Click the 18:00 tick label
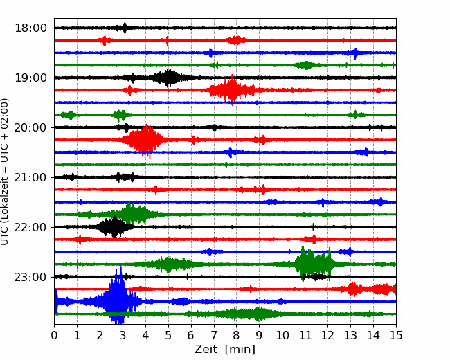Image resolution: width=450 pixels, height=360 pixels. pos(30,28)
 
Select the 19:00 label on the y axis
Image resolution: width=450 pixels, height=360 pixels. pos(30,78)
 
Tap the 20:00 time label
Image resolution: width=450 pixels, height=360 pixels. pos(30,127)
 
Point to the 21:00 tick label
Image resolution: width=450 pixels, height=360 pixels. pos(30,177)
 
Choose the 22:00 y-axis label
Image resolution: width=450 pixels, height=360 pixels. pos(30,227)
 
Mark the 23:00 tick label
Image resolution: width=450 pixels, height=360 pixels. pos(30,277)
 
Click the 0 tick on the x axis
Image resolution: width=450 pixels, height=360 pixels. pos(54,335)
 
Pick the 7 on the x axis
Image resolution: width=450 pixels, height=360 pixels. pos(214,335)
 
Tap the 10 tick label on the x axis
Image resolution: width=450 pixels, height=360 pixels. pos(282,335)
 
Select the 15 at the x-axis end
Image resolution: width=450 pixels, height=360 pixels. pos(396,335)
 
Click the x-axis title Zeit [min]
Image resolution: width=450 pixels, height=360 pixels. pos(225,350)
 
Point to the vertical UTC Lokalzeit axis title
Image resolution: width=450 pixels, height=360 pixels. pos(4,172)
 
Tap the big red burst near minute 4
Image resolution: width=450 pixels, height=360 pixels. pos(145,140)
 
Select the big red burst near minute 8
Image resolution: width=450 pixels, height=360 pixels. pos(232,90)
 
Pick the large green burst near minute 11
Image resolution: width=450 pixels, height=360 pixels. pos(314,264)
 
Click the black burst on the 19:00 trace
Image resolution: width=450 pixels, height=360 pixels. pos(169,78)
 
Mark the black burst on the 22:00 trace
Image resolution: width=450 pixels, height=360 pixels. pos(114,227)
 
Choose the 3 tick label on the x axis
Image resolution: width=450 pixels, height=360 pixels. pos(123,335)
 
